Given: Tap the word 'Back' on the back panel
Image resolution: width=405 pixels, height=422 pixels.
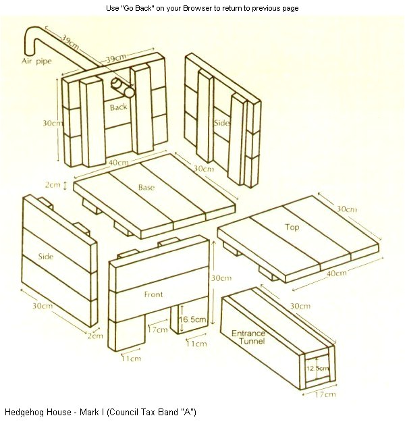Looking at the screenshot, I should point(118,107).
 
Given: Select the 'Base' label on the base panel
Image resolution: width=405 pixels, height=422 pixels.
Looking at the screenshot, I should point(146,187).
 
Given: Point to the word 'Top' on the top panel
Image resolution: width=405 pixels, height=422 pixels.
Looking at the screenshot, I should point(292,228).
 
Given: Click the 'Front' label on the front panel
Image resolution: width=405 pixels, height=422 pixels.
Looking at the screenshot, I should point(153,294).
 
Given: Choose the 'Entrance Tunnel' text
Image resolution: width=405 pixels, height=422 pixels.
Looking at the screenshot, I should point(248,338).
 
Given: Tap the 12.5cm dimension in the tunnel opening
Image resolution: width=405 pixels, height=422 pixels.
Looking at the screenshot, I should point(317,368).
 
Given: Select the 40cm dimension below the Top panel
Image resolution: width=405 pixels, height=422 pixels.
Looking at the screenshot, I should point(335,273).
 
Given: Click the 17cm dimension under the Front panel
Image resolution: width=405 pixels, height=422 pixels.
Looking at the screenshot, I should point(157,330).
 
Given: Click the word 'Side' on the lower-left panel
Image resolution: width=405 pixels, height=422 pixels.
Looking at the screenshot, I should point(46,257).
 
